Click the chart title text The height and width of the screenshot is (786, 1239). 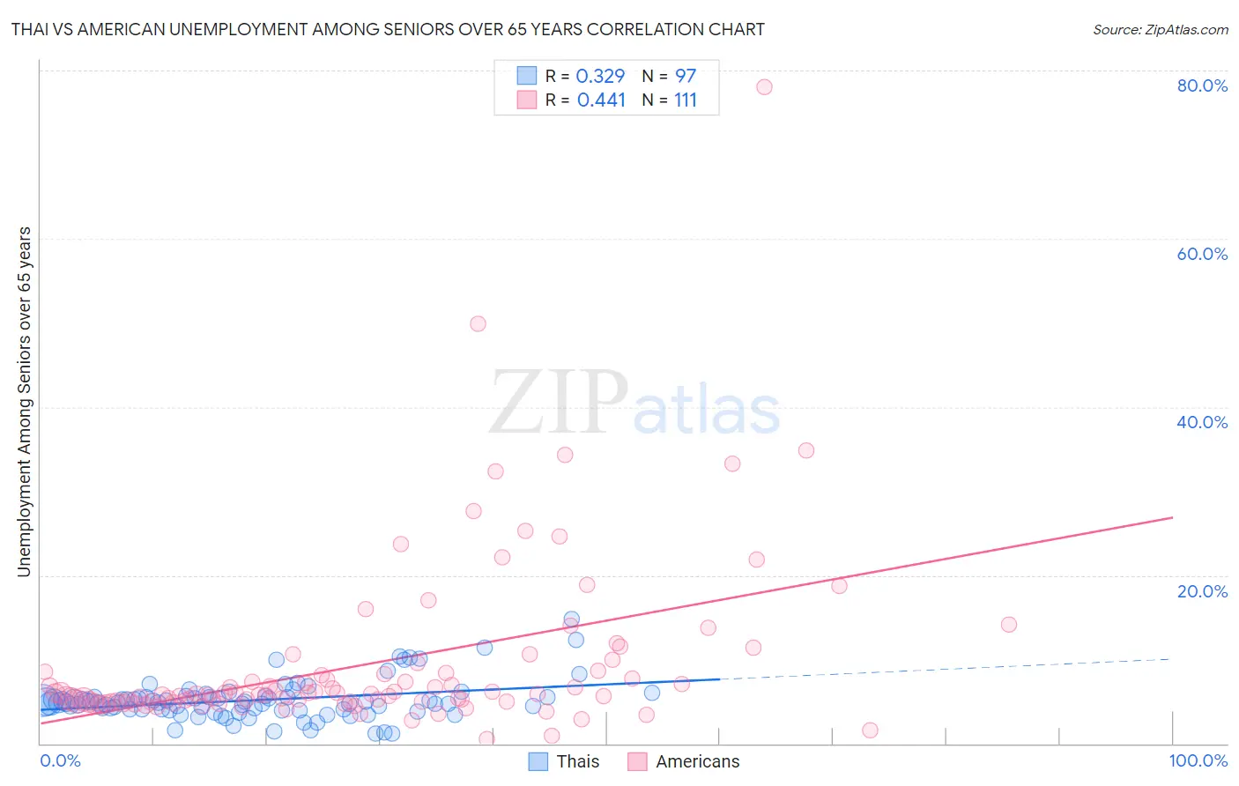pos(388,29)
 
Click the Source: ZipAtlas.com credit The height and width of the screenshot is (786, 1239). pos(1160,29)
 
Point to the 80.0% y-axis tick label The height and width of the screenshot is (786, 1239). pos(1202,85)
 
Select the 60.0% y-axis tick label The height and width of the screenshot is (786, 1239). pos(1202,254)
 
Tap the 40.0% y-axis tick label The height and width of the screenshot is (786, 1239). pos(1202,422)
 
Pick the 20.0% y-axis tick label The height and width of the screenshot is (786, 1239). pos(1202,590)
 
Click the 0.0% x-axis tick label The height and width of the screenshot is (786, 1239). pos(60,760)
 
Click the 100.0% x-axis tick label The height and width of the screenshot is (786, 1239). pos(1198,760)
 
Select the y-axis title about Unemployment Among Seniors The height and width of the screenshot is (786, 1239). pos(24,402)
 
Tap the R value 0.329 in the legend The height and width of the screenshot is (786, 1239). pos(600,77)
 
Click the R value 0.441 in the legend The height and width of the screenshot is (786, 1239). pos(601,100)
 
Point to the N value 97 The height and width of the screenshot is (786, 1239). pos(686,77)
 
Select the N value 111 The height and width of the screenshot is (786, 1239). pos(686,100)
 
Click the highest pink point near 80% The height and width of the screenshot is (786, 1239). pos(764,86)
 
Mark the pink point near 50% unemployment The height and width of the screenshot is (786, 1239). pos(478,323)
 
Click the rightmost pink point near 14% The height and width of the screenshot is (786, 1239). pos(1009,624)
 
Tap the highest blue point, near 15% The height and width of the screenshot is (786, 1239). pos(571,619)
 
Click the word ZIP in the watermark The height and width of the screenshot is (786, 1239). pos(559,404)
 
